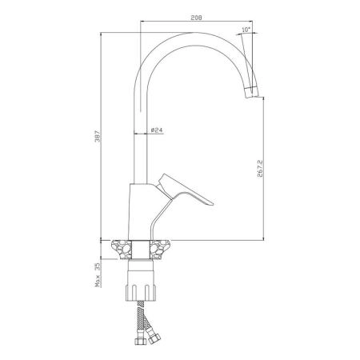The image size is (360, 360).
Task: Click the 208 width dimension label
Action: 196,18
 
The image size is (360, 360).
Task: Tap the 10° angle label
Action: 246,30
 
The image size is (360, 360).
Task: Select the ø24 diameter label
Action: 157,130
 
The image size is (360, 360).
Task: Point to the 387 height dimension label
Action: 98,136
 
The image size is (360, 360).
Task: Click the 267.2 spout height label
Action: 260,169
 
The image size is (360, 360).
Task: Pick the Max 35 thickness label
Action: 98,274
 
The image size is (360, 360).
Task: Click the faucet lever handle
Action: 186,190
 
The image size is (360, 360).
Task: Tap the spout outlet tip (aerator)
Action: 252,92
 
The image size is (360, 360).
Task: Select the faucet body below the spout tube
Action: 144,211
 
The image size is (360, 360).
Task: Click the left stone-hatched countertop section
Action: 122,250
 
